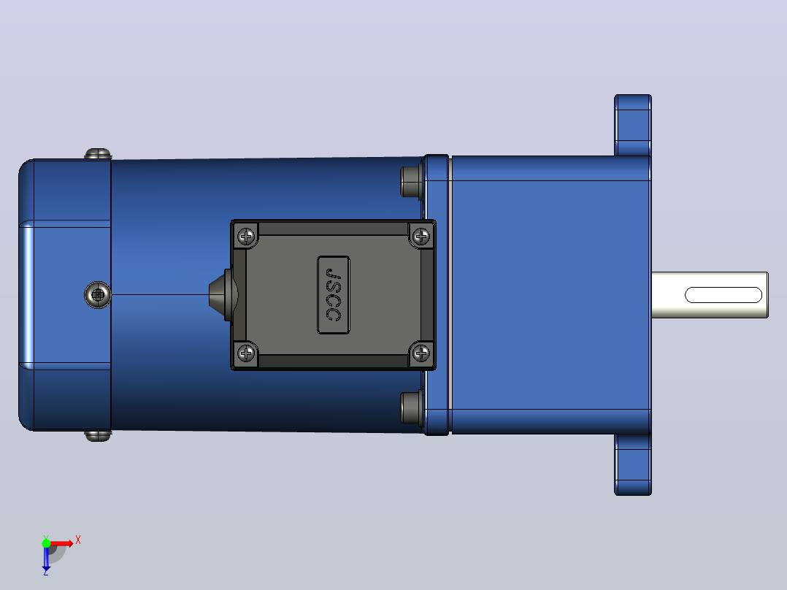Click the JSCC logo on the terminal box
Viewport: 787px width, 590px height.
(x=333, y=295)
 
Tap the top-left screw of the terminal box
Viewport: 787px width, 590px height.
(x=246, y=236)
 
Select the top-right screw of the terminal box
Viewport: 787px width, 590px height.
(x=421, y=236)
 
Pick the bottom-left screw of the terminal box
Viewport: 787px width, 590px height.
(x=246, y=353)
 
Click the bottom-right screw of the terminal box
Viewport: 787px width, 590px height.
(x=421, y=353)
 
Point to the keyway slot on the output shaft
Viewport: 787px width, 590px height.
(x=723, y=295)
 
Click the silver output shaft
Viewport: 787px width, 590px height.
(x=710, y=295)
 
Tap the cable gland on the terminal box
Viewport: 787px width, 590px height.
(x=220, y=294)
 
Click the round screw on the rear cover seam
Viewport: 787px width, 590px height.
(x=98, y=295)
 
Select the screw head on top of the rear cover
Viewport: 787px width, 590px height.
(x=98, y=153)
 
